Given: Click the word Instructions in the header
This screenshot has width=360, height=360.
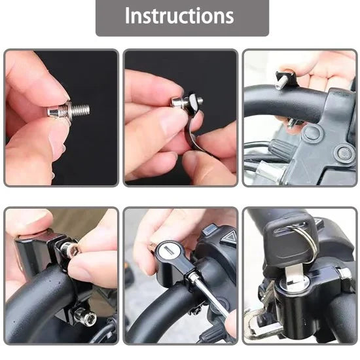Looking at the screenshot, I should click(179, 16).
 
